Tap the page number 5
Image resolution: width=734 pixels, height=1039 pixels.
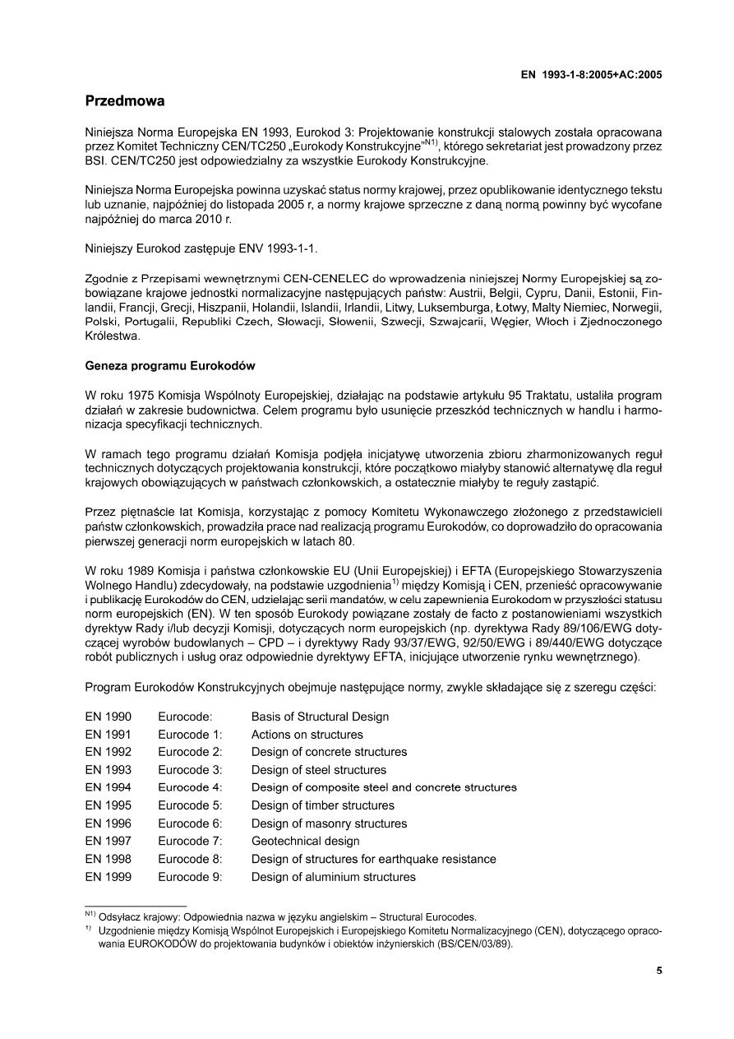pyautogui.click(x=659, y=971)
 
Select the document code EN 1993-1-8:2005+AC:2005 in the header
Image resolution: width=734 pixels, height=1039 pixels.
pyautogui.click(x=592, y=74)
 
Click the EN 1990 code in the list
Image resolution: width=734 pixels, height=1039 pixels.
pyautogui.click(x=108, y=717)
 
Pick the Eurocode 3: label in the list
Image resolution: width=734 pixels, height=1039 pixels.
pyautogui.click(x=190, y=770)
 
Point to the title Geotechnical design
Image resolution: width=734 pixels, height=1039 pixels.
pyautogui.click(x=305, y=841)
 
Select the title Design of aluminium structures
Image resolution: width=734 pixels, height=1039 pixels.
pyautogui.click(x=333, y=877)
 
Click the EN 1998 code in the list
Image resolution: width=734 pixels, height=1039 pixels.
pyautogui.click(x=108, y=859)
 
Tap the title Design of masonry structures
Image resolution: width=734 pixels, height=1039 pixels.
pyautogui.click(x=329, y=823)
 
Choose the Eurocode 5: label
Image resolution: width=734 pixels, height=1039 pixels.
pyautogui.click(x=190, y=805)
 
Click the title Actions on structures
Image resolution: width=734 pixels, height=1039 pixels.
pyautogui.click(x=307, y=735)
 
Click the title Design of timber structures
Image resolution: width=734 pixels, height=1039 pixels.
pyautogui.click(x=322, y=805)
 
